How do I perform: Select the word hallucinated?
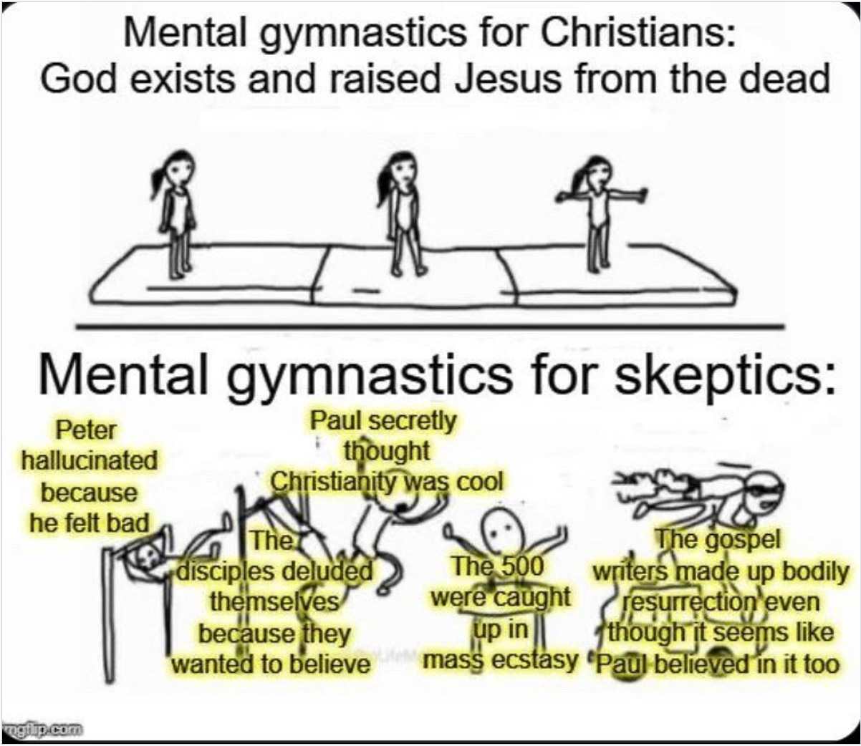(x=90, y=462)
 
